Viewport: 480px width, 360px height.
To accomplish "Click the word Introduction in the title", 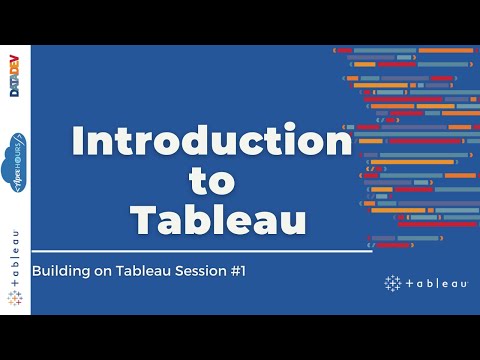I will tap(211, 142).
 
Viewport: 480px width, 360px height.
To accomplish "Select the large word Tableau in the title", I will tap(211, 218).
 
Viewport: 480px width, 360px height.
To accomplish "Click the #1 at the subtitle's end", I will tap(236, 271).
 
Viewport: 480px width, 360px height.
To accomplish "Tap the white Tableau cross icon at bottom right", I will tap(391, 284).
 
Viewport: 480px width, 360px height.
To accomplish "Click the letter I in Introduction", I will tap(79, 142).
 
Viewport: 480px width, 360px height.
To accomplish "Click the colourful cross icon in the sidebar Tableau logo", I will tap(15, 297).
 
